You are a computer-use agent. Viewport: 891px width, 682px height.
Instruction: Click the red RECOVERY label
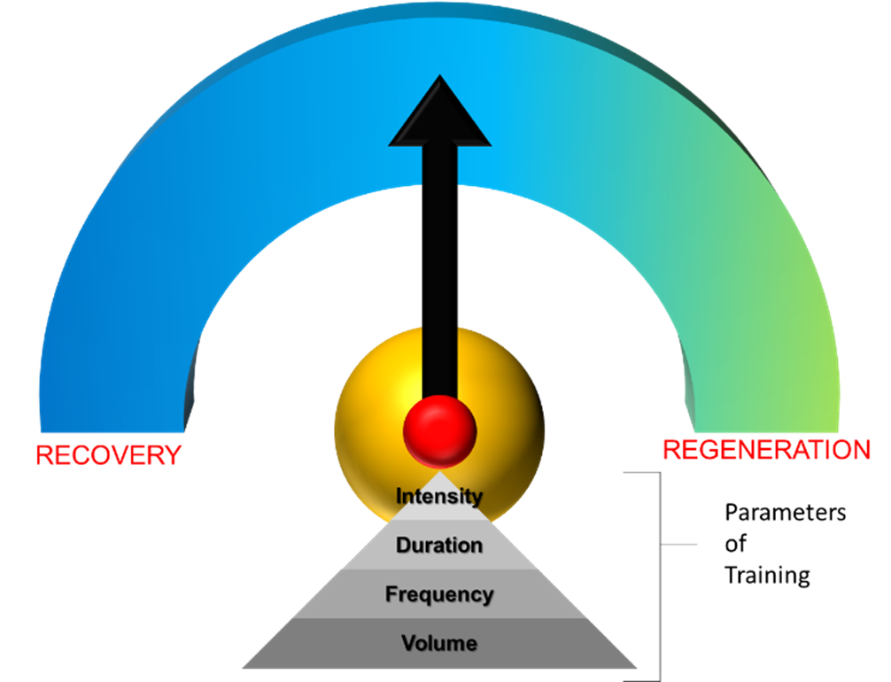[x=108, y=455]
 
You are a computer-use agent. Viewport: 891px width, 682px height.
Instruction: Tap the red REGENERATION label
[x=766, y=450]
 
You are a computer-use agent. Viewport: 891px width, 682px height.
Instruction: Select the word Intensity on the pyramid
[x=439, y=496]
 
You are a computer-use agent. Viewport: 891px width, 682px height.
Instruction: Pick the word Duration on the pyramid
[x=439, y=545]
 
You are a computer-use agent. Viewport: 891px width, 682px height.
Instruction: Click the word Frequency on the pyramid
[x=439, y=594]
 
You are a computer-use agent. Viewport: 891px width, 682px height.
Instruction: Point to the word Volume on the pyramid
[x=439, y=643]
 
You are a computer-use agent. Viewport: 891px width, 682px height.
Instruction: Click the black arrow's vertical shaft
[x=439, y=266]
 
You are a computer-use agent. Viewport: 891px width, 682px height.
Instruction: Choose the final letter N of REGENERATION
[x=861, y=450]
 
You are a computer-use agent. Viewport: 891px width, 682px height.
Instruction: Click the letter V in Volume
[x=408, y=643]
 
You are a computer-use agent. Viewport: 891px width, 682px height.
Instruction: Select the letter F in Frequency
[x=391, y=594]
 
